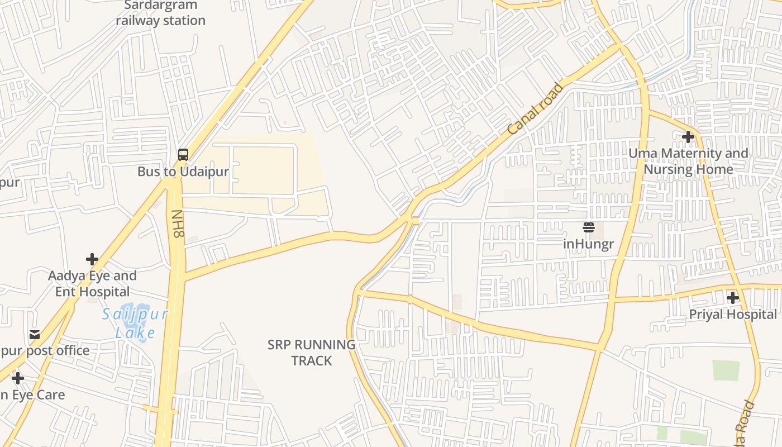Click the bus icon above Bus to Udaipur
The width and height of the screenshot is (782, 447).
(x=183, y=155)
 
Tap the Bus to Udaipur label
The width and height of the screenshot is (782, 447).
(x=183, y=172)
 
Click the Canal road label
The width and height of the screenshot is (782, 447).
(x=536, y=110)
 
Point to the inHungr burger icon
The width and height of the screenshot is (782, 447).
(x=588, y=227)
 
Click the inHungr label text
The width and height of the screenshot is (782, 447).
(x=588, y=244)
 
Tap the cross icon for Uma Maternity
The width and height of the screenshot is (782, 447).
(x=688, y=136)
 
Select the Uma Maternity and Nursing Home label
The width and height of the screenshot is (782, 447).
(x=688, y=161)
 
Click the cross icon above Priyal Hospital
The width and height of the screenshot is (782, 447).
(x=733, y=298)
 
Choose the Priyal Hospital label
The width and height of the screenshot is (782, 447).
(x=733, y=315)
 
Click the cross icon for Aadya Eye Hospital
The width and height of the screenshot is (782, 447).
(x=92, y=259)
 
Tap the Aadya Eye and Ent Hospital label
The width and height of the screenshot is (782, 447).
(x=92, y=283)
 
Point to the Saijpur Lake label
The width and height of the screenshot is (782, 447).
(x=135, y=324)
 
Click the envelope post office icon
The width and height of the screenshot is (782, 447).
(x=35, y=335)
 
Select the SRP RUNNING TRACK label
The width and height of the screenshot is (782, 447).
(x=311, y=353)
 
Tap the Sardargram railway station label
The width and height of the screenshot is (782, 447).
(x=160, y=13)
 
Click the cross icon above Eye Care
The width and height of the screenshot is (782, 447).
(x=18, y=378)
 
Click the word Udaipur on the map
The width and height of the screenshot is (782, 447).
(x=204, y=172)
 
